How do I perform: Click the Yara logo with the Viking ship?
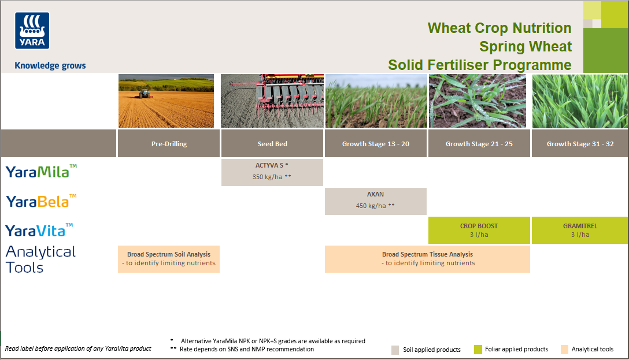tap(32, 31)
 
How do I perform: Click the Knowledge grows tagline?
tap(50, 66)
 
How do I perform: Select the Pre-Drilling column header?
tap(168, 144)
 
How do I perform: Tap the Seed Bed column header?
tap(272, 144)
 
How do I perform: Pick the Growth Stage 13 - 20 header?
tap(376, 144)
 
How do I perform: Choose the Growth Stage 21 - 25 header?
tap(479, 144)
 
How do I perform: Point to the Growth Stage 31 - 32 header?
tap(580, 144)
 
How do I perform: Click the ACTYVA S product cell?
tap(272, 172)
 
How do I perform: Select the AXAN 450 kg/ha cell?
tap(375, 201)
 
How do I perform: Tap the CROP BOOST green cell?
tap(479, 230)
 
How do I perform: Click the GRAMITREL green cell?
tap(580, 230)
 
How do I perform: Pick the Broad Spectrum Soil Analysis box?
tap(168, 258)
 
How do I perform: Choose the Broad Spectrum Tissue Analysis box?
tap(427, 258)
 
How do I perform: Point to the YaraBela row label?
tap(41, 201)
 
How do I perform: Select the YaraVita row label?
tap(39, 230)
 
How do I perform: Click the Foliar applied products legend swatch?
tap(478, 350)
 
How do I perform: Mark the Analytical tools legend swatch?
tap(565, 350)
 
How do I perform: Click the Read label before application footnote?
tap(78, 348)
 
